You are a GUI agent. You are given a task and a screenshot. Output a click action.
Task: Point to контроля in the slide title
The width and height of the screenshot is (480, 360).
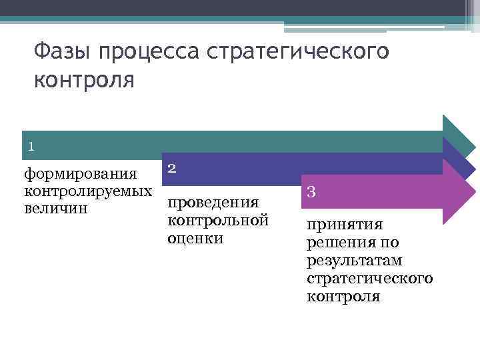click(84, 81)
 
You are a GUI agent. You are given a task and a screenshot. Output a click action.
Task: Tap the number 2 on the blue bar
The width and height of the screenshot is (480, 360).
click(171, 169)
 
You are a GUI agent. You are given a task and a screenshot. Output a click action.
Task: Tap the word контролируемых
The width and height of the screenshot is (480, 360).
click(87, 191)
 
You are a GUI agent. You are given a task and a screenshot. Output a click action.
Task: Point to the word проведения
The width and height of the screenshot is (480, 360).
click(213, 203)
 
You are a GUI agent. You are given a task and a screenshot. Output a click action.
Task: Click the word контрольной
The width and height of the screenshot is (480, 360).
click(217, 220)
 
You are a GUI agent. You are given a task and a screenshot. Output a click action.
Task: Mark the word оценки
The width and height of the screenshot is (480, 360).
click(195, 237)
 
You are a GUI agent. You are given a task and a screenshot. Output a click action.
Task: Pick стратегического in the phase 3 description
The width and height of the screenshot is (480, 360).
click(370, 278)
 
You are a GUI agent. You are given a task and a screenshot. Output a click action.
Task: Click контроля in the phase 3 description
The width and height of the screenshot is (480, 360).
click(343, 295)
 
